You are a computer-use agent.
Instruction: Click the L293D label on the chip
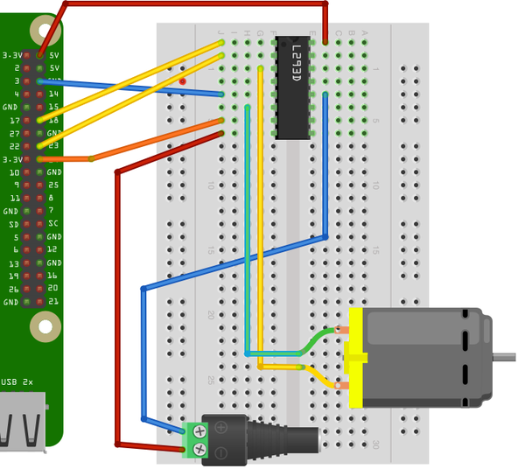pyautogui.click(x=297, y=64)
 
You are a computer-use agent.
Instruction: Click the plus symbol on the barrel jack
pyautogui.click(x=222, y=428)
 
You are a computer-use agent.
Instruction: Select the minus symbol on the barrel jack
pyautogui.click(x=222, y=451)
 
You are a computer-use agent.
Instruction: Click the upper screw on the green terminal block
pyautogui.click(x=199, y=430)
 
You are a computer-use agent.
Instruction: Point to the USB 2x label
pyautogui.click(x=17, y=382)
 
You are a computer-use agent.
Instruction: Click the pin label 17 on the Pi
pyautogui.click(x=14, y=120)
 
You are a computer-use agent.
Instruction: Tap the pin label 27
pyautogui.click(x=14, y=133)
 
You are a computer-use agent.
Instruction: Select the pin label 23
pyautogui.click(x=53, y=146)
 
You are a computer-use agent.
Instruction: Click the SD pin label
pyautogui.click(x=13, y=224)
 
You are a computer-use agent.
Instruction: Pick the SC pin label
pyautogui.click(x=53, y=224)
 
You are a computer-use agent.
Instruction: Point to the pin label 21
pyautogui.click(x=53, y=302)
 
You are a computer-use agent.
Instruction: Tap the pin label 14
pyautogui.click(x=53, y=94)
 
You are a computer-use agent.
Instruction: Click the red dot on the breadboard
pyautogui.click(x=182, y=81)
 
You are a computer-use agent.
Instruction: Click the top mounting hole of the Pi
pyautogui.click(x=45, y=31)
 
